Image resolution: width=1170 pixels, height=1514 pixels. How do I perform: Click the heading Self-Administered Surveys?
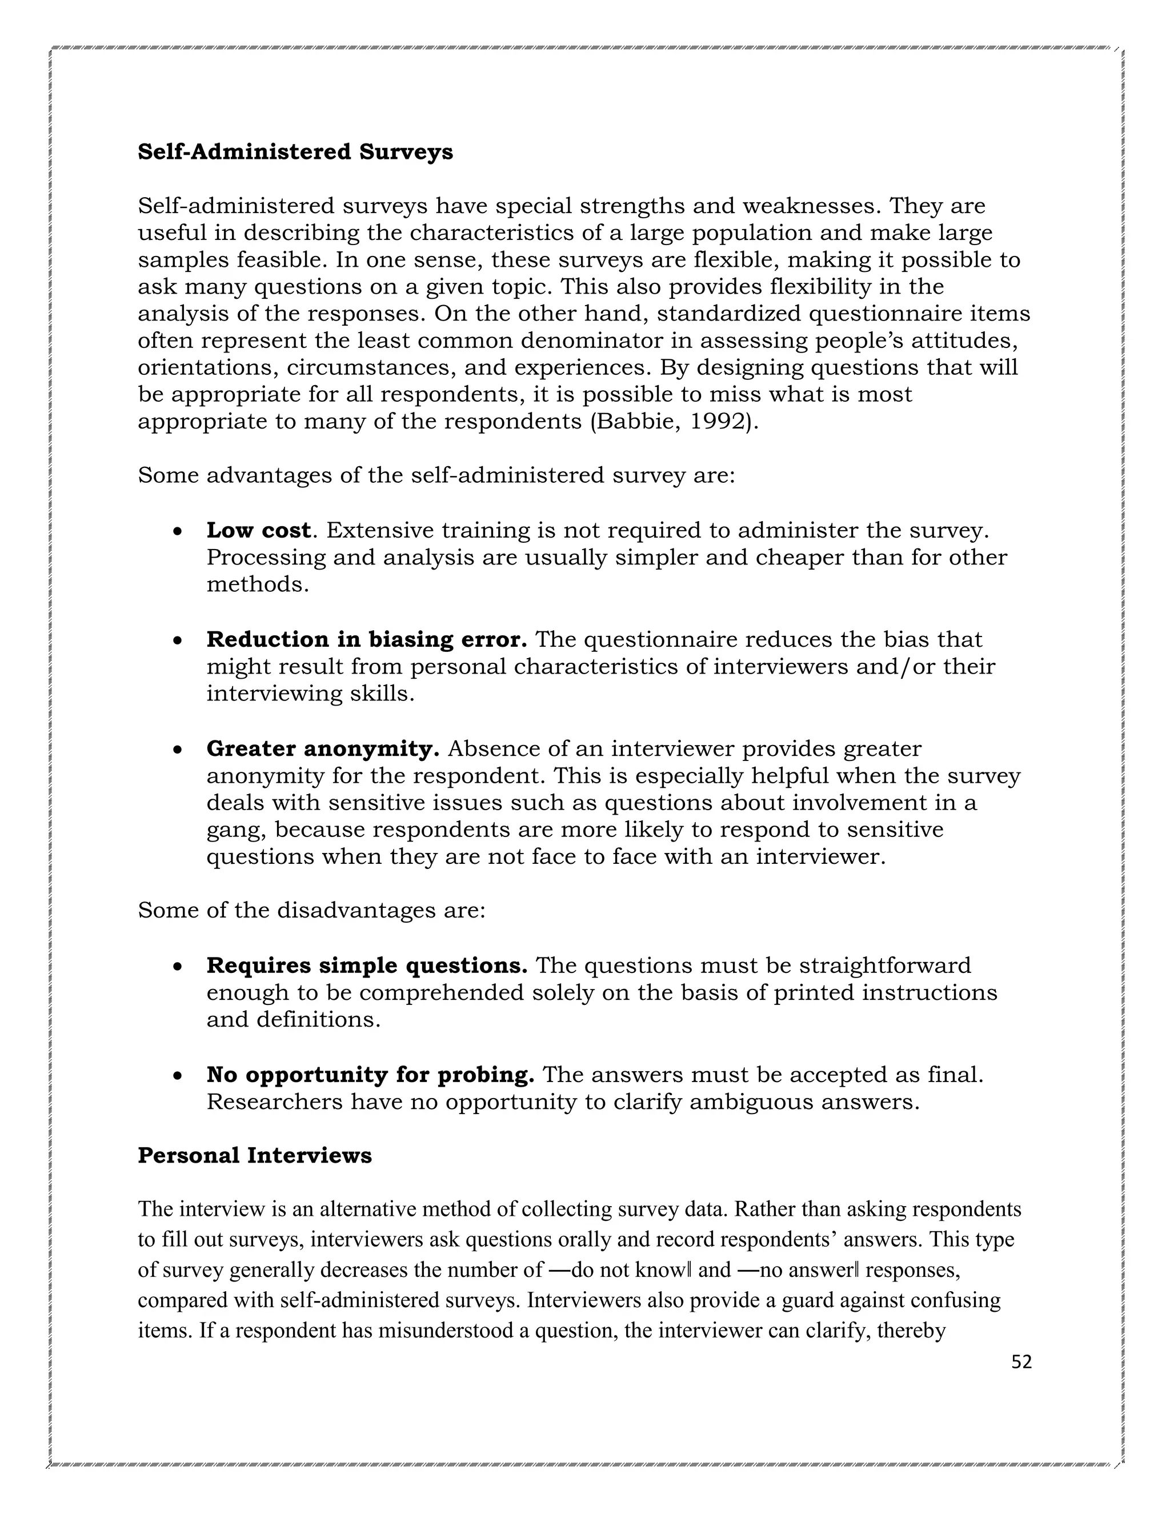[x=295, y=152]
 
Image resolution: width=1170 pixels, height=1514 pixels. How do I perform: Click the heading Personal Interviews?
[x=254, y=1156]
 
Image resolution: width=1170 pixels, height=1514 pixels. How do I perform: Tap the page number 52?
[x=1021, y=1363]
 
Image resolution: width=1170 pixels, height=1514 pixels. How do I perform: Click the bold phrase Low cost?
[x=258, y=530]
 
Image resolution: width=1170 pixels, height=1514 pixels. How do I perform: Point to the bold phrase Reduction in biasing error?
[x=367, y=639]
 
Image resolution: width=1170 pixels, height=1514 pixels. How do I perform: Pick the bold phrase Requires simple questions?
[x=367, y=966]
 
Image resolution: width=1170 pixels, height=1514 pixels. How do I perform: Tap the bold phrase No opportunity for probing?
[x=370, y=1075]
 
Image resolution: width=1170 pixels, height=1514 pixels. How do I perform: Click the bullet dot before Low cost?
[x=178, y=532]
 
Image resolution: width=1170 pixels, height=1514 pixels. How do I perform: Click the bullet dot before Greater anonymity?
[x=178, y=751]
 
